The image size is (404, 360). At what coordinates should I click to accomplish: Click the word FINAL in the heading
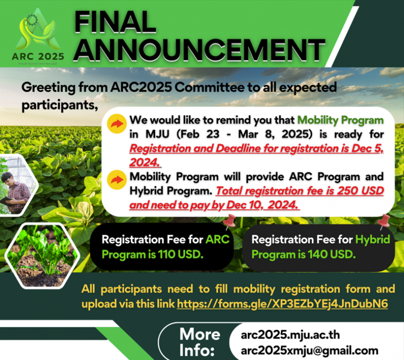(115, 23)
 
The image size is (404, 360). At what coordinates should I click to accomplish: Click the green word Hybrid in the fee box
(372, 240)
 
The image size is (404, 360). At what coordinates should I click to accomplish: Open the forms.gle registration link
(282, 304)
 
